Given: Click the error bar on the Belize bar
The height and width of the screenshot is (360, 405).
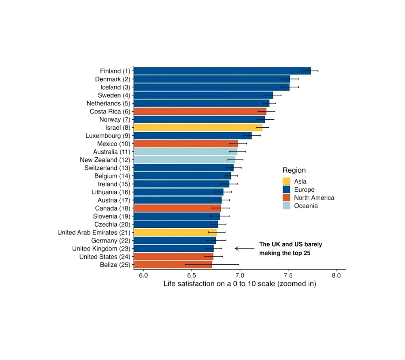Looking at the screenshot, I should [x=212, y=264].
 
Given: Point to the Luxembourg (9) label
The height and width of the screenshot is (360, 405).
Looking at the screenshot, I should [x=108, y=136].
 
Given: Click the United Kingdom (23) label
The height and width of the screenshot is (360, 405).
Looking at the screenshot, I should [x=100, y=249].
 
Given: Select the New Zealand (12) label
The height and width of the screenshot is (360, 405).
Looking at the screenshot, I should [x=105, y=160].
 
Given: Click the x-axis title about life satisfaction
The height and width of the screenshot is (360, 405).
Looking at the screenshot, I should [x=240, y=284].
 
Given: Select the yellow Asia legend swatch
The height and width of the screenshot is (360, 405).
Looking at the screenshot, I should [x=287, y=182].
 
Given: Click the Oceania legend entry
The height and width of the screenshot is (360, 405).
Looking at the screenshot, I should [x=306, y=206].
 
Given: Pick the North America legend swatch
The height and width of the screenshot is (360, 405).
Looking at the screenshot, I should [x=287, y=198].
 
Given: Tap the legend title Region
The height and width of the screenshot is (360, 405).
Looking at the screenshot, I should [x=294, y=170].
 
